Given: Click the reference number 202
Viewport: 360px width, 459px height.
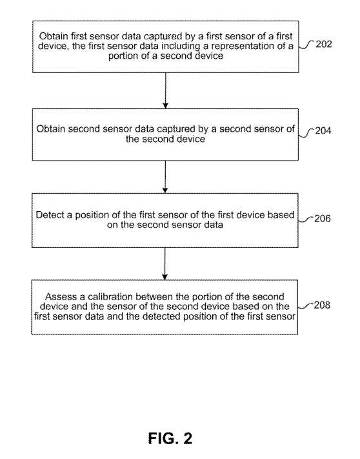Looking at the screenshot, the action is (324, 44).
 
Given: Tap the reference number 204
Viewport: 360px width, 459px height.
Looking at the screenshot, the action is (323, 130).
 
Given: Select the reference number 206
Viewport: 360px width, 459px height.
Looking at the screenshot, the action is (323, 218).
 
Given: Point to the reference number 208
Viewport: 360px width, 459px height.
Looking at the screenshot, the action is (322, 305).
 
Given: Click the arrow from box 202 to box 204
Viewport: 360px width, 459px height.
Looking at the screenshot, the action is (166, 90).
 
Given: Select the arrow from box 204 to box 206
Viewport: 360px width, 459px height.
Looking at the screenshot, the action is (165, 177).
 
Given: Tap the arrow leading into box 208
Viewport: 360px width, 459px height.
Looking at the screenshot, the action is (165, 264).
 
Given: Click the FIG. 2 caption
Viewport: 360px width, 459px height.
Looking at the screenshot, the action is (170, 438).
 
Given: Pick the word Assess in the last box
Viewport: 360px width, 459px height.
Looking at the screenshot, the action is (61, 296).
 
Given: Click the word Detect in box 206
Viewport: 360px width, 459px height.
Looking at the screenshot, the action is (50, 215).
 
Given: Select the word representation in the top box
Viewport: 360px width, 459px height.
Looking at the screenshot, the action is (240, 46).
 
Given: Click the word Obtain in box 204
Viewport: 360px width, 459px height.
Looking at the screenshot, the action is (50, 129).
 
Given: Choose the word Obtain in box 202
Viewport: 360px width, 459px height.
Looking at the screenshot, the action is (54, 36).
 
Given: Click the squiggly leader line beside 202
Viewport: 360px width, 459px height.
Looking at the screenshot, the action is (307, 45).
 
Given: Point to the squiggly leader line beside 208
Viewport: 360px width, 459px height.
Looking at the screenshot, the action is (306, 306).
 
